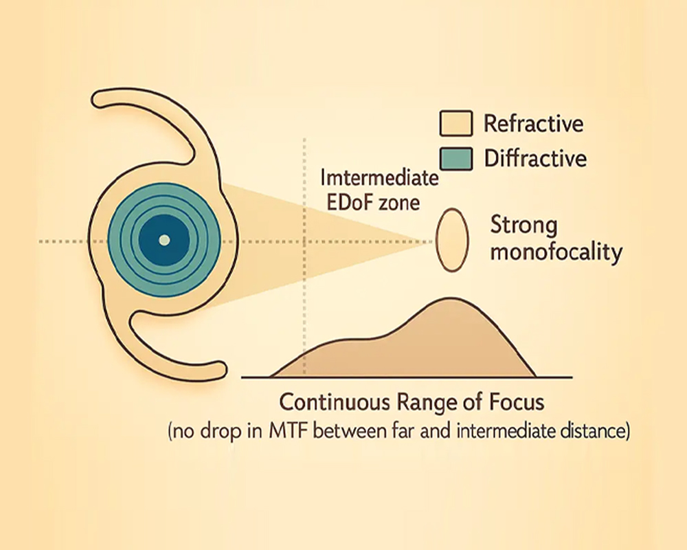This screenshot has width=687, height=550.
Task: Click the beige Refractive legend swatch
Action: [455, 125]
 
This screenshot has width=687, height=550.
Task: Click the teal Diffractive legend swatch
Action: [455, 159]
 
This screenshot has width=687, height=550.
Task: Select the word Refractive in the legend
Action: [533, 124]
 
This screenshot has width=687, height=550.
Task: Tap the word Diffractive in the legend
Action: [535, 159]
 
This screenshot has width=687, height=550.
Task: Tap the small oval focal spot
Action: [452, 240]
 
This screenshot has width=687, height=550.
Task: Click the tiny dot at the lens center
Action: [164, 240]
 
